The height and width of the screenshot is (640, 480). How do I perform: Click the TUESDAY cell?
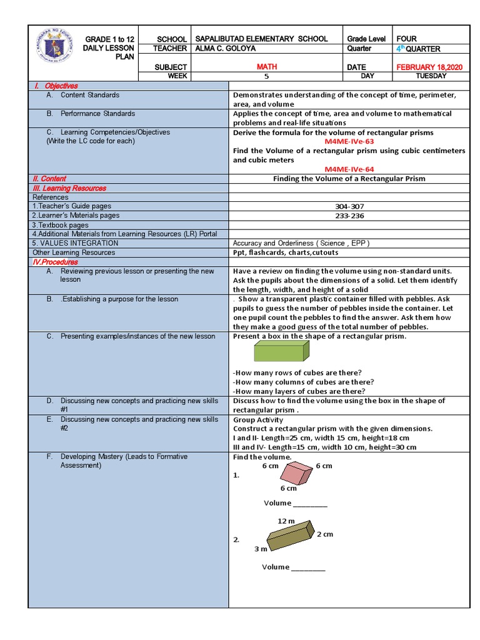[431, 76]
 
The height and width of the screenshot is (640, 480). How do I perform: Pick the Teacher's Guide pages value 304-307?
[349, 206]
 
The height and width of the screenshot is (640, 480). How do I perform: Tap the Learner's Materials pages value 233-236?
[349, 216]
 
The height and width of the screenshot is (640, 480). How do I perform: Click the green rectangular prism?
[281, 352]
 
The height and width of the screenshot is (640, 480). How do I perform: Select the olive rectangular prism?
[290, 536]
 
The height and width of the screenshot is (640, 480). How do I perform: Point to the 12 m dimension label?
[286, 521]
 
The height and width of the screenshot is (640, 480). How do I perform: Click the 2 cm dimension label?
[324, 534]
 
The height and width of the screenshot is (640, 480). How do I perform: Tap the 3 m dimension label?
[260, 549]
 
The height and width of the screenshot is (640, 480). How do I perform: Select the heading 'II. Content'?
[49, 179]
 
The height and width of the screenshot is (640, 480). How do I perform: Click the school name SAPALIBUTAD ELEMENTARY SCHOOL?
[261, 39]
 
